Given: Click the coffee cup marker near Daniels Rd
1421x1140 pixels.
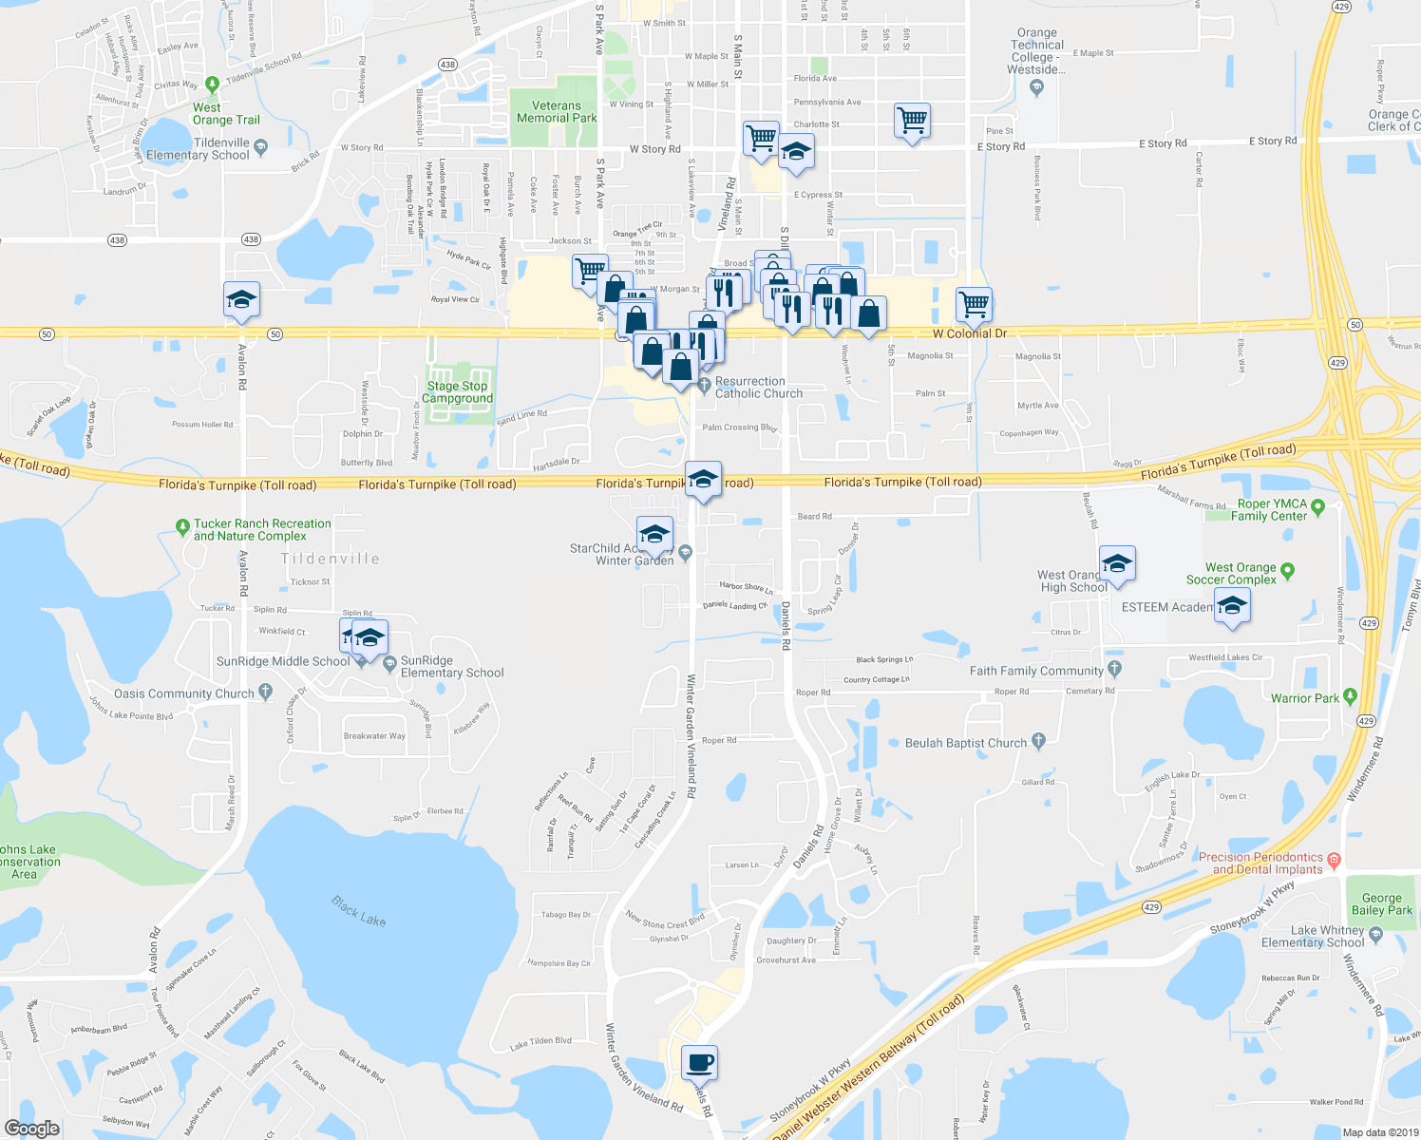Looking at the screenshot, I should pos(699,1062).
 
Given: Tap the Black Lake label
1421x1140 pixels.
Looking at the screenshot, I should pos(358,910).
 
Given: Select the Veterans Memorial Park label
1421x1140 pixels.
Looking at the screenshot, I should pos(557,112).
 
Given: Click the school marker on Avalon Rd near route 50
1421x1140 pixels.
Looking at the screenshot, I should pos(241,300).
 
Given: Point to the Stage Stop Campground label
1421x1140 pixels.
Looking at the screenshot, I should pos(457,392).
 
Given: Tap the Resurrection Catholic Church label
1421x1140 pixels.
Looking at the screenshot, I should pos(758,388).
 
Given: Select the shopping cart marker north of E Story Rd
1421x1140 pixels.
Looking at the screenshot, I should pos(912,122).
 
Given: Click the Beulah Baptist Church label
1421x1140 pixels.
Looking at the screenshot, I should pos(965,743).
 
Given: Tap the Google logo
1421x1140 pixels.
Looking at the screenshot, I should pos(32,1128).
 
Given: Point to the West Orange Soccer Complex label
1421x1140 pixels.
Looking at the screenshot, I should pos(1231,574).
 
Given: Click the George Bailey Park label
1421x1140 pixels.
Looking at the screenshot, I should pos(1381,904).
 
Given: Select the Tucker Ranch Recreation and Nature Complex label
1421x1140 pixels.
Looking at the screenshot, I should pos(261,530).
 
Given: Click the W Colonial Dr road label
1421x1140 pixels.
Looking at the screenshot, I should pos(969,333).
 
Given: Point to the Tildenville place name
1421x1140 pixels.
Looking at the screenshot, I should pos(330,560).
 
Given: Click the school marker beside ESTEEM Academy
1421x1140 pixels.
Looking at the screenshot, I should pos(1232,606).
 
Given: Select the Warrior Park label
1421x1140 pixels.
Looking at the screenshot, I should pos(1305,698).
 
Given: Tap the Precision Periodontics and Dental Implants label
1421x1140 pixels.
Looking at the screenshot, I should pos(1260,863).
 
